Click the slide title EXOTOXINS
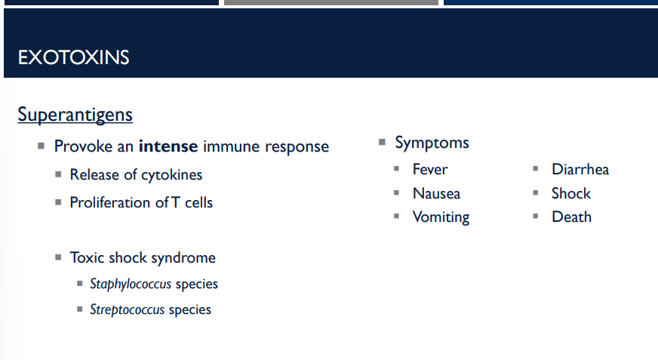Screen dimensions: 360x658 [73, 57]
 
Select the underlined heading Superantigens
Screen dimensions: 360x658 [75, 115]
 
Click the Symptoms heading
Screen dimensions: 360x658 [432, 143]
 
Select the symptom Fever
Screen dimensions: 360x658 [429, 169]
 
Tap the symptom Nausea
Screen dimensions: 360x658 [436, 193]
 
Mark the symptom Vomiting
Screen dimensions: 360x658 [441, 217]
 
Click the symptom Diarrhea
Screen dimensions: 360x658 [580, 169]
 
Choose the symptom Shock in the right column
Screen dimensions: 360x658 [570, 193]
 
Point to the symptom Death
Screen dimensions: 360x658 [571, 217]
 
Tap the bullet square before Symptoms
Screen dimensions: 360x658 [382, 142]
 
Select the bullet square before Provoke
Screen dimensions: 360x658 [41, 146]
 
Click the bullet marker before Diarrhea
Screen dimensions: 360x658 [535, 169]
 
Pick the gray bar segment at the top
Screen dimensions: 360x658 [331, 2]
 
